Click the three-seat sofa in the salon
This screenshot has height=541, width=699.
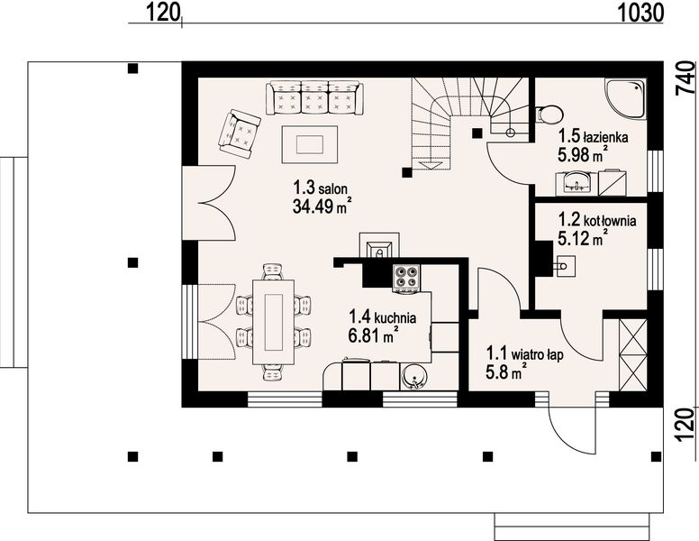click(314, 97)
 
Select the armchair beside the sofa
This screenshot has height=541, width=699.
click(239, 134)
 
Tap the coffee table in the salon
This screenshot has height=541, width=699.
click(309, 144)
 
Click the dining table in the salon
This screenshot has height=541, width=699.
click(273, 322)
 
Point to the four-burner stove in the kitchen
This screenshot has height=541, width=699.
click(406, 278)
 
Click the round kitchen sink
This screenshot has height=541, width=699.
click(414, 377)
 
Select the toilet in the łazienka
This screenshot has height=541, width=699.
click(549, 115)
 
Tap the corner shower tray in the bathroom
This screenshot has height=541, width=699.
click(625, 98)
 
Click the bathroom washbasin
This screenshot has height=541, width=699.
click(576, 182)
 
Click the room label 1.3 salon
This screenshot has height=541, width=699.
click(320, 188)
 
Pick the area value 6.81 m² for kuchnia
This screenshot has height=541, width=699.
click(373, 335)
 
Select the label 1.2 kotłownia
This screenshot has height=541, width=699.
click(597, 220)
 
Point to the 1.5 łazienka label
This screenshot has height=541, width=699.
click(594, 135)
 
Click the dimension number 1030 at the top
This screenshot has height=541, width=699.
click(640, 13)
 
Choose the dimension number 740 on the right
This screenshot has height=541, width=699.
click(685, 78)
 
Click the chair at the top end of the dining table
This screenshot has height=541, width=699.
click(273, 271)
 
